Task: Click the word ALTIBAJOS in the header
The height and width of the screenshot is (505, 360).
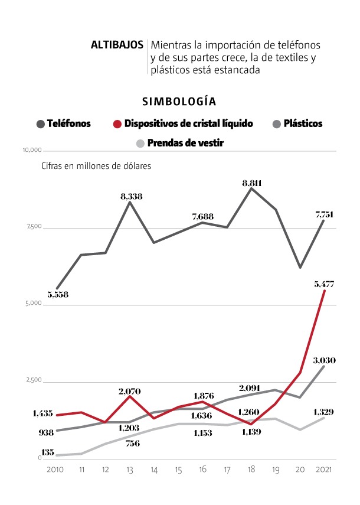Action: pyautogui.click(x=117, y=44)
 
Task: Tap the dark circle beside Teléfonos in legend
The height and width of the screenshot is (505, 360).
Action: pyautogui.click(x=41, y=124)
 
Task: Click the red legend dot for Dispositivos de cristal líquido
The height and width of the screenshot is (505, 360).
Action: pyautogui.click(x=117, y=124)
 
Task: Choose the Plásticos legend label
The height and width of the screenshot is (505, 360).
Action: pyautogui.click(x=303, y=124)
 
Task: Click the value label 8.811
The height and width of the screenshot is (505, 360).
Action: pyautogui.click(x=252, y=183)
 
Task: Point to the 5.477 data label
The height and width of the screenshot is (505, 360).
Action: pyautogui.click(x=325, y=285)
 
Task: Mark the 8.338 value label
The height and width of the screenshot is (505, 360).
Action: pyautogui.click(x=130, y=196)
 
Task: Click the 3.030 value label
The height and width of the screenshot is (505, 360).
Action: pyautogui.click(x=324, y=360)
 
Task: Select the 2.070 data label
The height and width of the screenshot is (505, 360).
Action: pyautogui.click(x=130, y=390)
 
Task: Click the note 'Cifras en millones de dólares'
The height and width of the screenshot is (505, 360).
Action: pyautogui.click(x=96, y=166)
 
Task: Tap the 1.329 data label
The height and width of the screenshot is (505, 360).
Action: pyautogui.click(x=324, y=411)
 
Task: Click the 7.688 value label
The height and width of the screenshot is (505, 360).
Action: pyautogui.click(x=204, y=216)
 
